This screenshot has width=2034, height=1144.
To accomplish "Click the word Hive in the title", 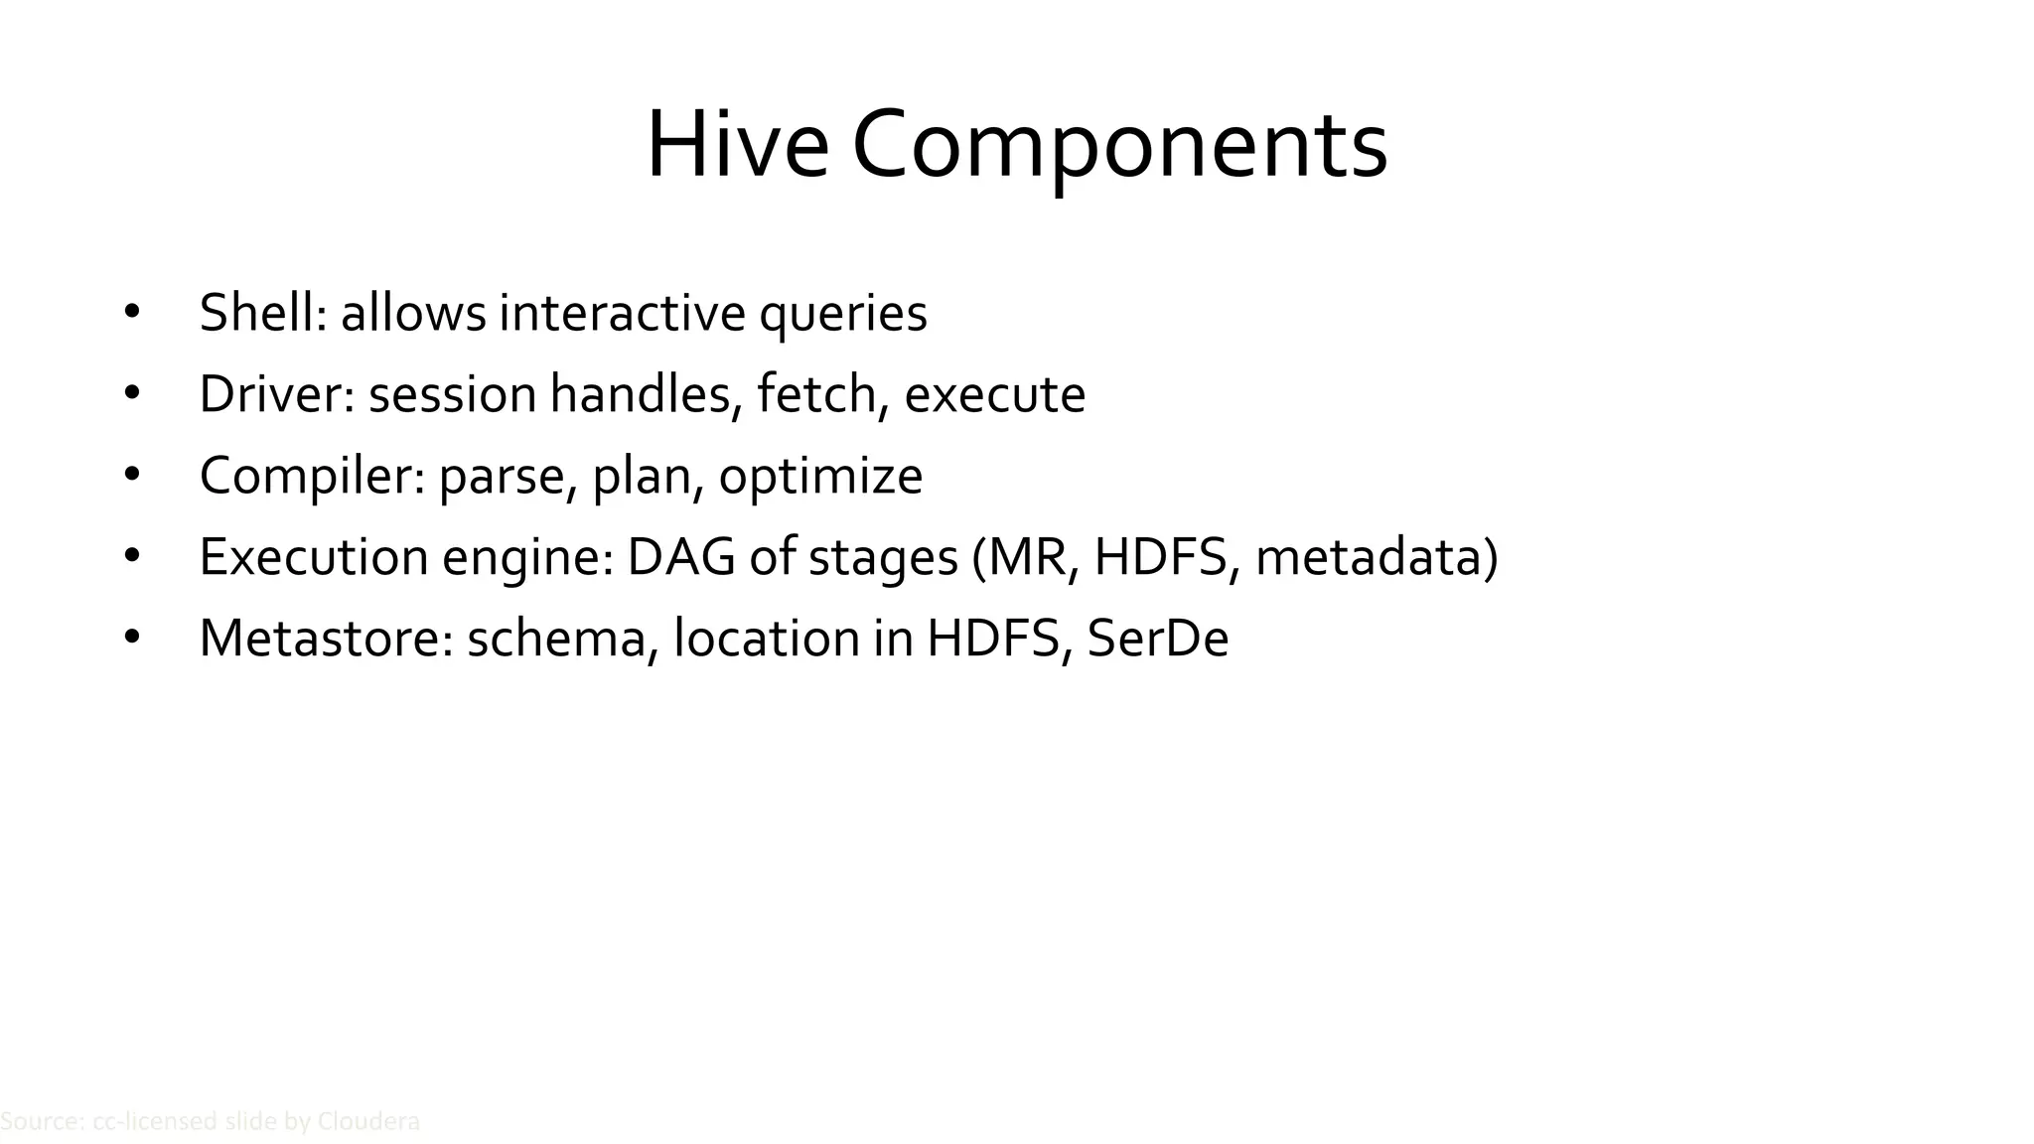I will [737, 146].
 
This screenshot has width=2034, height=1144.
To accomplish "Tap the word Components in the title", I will [1119, 146].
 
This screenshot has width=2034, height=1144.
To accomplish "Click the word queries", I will [843, 315].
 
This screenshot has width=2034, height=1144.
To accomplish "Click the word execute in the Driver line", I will [995, 394].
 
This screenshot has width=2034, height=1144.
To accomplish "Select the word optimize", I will [820, 477].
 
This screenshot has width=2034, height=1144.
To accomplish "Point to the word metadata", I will [1369, 556].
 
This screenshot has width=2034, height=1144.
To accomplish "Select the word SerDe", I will [1158, 638].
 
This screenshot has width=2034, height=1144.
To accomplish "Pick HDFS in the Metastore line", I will [993, 638].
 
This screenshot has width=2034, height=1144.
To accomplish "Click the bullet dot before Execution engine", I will [132, 556].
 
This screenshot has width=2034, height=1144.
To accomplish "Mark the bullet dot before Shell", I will [132, 313].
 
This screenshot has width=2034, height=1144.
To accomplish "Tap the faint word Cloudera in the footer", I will [367, 1122].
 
